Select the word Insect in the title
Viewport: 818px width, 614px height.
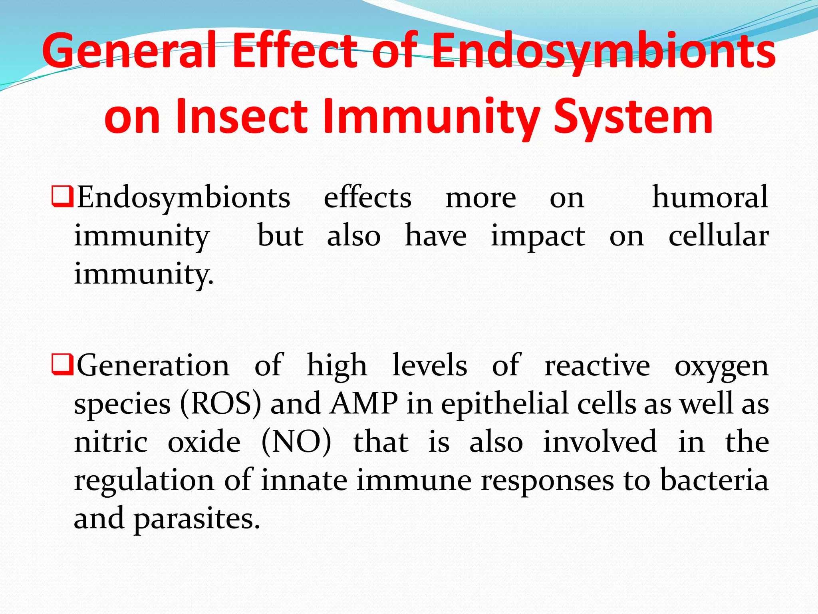241,116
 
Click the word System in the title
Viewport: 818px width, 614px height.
633,116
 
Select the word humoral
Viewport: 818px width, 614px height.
710,197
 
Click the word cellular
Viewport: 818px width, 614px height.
718,235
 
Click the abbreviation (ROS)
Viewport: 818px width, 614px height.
220,404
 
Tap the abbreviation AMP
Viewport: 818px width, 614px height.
364,403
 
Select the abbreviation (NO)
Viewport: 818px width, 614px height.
296,442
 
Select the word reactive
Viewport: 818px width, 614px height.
597,365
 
